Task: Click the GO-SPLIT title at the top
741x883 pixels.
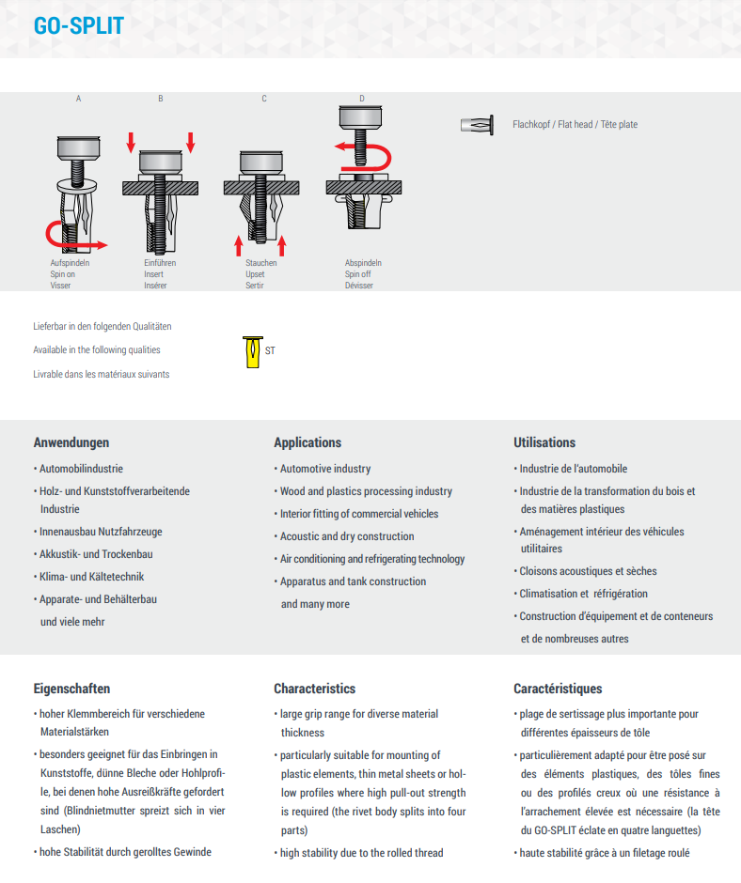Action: click(x=78, y=26)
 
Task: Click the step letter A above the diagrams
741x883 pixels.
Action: click(x=78, y=99)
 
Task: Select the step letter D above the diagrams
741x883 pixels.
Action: click(x=362, y=99)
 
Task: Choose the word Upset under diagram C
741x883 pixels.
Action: click(x=255, y=274)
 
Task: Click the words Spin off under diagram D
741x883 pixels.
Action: click(x=358, y=274)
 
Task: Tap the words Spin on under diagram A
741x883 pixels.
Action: click(x=64, y=274)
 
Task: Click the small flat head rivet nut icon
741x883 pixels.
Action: click(x=478, y=125)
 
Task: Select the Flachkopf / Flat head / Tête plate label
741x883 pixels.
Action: click(x=575, y=125)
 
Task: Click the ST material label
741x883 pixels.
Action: click(x=271, y=351)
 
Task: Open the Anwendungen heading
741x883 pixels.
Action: click(x=71, y=442)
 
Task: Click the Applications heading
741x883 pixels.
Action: click(x=307, y=442)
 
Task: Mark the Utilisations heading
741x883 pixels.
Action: click(x=544, y=442)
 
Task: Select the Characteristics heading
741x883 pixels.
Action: click(x=314, y=689)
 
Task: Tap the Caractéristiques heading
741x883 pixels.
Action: click(x=558, y=689)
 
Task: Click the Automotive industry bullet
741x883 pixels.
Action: click(x=325, y=469)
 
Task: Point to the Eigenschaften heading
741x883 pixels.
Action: click(x=71, y=689)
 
